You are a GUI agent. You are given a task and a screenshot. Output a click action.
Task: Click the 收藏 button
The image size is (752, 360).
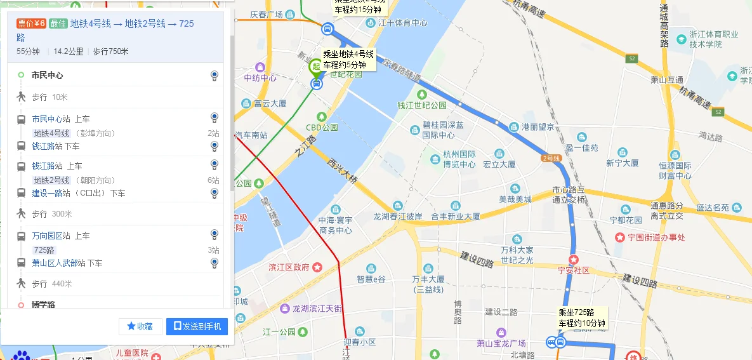click(140, 326)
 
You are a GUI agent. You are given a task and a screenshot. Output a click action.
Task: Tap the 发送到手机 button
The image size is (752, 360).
click(197, 326)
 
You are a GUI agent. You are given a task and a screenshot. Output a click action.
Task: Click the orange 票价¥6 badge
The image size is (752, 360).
click(31, 23)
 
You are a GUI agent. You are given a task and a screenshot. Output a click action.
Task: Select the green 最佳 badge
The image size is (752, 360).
click(58, 23)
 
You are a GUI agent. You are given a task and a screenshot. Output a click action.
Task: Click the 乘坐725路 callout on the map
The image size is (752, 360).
click(581, 318)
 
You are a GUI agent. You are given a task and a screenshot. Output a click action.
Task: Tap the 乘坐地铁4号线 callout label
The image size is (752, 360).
click(348, 60)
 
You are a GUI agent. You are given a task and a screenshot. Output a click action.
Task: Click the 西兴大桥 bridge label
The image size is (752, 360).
click(342, 172)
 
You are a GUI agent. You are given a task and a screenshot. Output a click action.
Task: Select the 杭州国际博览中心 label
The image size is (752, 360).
click(459, 159)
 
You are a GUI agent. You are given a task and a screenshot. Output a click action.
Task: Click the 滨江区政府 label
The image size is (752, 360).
click(289, 267)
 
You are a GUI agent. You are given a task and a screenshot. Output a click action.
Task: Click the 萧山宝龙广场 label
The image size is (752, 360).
click(501, 343)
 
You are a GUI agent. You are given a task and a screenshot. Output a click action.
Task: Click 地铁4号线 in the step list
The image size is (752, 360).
click(51, 133)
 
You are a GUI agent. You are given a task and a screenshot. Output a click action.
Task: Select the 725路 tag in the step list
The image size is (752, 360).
click(44, 250)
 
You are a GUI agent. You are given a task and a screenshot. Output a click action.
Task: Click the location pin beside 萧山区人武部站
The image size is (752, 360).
click(214, 262)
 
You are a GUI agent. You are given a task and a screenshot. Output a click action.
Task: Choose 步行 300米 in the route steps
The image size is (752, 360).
click(51, 214)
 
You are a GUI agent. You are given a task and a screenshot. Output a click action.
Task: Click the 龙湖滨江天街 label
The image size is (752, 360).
click(317, 309)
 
